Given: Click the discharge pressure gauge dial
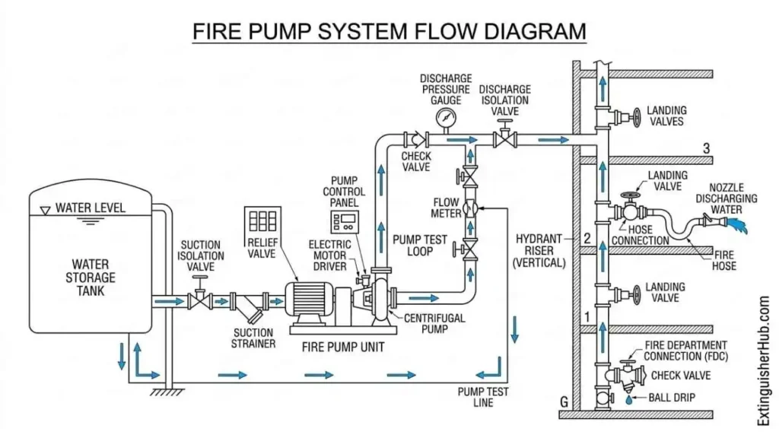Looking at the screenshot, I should click(x=445, y=117).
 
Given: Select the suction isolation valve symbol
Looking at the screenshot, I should click(x=200, y=300).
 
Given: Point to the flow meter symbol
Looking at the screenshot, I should click(x=471, y=206).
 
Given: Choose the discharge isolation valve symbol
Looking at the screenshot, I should click(x=505, y=139).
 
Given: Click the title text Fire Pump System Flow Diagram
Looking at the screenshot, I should click(x=389, y=31).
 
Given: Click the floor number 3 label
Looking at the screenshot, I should click(x=706, y=149).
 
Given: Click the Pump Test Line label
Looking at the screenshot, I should click(x=482, y=396).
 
